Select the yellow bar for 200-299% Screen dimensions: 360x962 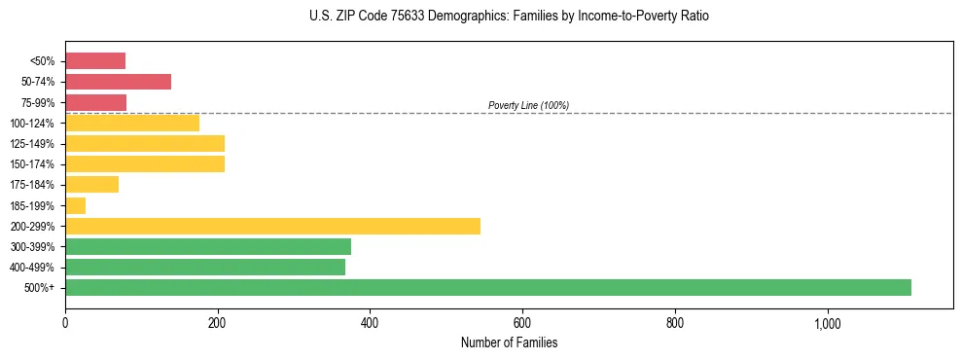(x=272, y=226)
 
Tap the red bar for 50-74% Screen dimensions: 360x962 (x=118, y=82)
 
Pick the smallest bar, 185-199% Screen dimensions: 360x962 (x=76, y=205)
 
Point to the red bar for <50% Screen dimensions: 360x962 (x=95, y=61)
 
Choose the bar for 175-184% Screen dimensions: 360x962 (x=91, y=184)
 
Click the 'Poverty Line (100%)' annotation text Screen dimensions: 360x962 (x=528, y=105)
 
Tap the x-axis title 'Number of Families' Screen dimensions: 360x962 (x=509, y=343)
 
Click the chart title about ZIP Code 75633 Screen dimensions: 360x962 (x=509, y=17)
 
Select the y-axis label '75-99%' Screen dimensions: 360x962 (x=37, y=102)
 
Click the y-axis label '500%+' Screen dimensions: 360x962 (x=40, y=288)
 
